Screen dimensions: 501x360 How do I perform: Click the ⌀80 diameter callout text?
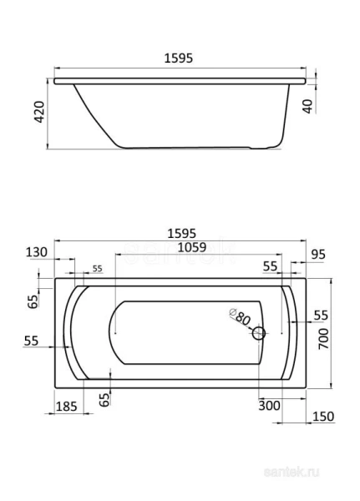(x=240, y=318)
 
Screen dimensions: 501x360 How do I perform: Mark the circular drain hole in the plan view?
(x=258, y=334)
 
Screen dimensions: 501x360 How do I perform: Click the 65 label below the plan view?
(x=104, y=400)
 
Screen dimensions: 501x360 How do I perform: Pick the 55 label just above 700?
(x=322, y=315)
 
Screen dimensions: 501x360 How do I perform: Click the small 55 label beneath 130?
(x=97, y=268)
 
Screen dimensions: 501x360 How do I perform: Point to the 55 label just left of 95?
(x=270, y=266)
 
